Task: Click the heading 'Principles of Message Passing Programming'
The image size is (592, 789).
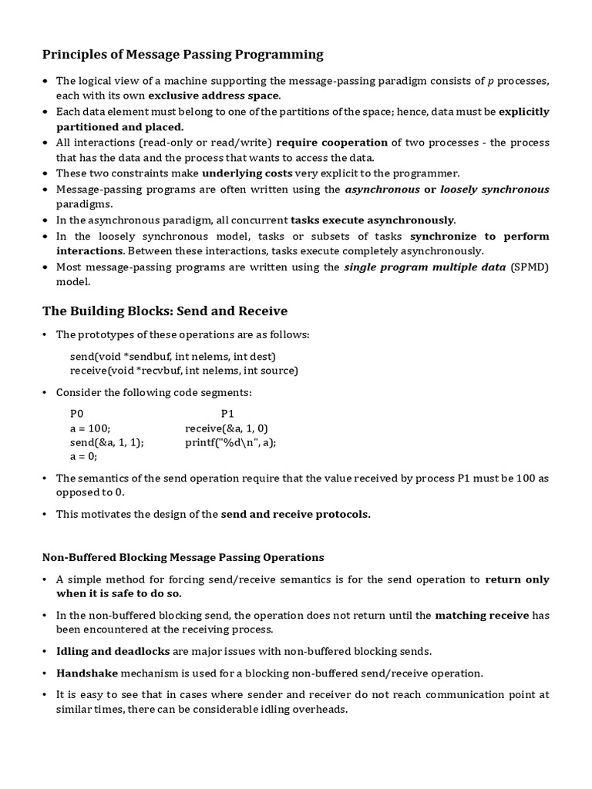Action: click(182, 54)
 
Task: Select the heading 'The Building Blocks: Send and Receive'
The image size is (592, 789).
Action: click(164, 311)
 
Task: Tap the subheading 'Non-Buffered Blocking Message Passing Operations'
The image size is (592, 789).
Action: click(183, 556)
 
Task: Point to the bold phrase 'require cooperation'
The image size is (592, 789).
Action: click(331, 143)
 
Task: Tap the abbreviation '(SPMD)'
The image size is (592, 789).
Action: click(530, 267)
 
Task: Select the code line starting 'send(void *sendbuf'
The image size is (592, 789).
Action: click(173, 356)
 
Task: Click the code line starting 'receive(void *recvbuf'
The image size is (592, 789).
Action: click(183, 370)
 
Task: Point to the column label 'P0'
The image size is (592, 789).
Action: click(76, 414)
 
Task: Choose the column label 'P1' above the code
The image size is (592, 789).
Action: click(227, 414)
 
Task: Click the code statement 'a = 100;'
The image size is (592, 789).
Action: click(90, 428)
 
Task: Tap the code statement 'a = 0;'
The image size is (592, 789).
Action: click(84, 455)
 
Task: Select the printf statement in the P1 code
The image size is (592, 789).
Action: click(230, 442)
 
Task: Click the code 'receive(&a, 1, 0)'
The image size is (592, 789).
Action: click(227, 428)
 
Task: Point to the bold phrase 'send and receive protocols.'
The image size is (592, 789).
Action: click(296, 514)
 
